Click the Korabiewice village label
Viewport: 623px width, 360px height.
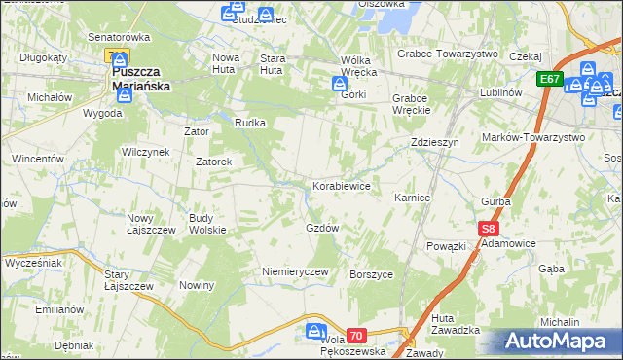(341, 185)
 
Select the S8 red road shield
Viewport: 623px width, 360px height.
(489, 230)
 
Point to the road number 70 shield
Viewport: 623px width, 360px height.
(356, 336)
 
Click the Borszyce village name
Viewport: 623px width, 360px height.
(371, 274)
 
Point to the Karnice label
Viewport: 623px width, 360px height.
(412, 198)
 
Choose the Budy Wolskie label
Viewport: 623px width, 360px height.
(207, 224)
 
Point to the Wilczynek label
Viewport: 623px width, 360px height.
(146, 152)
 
